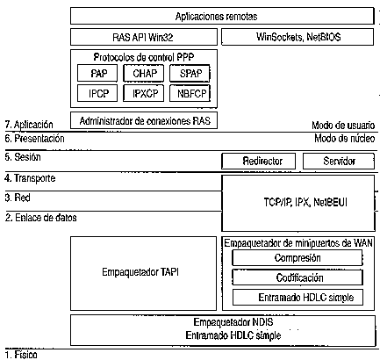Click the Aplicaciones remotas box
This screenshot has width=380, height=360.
pos(222,16)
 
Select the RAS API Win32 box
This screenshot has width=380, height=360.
pos(144,37)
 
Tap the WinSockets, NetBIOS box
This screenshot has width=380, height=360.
pos(298,37)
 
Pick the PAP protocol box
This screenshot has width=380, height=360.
pos(97,73)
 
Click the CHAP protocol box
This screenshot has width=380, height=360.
pos(143,73)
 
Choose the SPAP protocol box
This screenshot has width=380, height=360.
pos(190,73)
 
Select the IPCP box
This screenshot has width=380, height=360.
pos(97,93)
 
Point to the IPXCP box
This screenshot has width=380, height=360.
pos(143,93)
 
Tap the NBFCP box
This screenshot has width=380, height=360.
pos(190,93)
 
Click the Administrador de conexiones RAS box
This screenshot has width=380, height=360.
pos(144,120)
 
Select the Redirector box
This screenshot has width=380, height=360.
pos(258,161)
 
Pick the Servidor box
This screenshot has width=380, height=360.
pos(339,161)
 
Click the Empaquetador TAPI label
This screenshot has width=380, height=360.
pos(140,272)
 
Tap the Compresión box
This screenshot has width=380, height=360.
pos(298,258)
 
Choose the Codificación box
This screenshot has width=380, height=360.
pos(298,277)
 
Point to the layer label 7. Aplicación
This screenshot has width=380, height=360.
pos(29,125)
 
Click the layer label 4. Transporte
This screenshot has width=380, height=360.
pos(30,178)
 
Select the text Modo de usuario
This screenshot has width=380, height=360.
pos(343,126)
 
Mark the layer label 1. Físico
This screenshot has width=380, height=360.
pos(21,355)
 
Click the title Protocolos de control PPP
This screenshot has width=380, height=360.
pos(144,57)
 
